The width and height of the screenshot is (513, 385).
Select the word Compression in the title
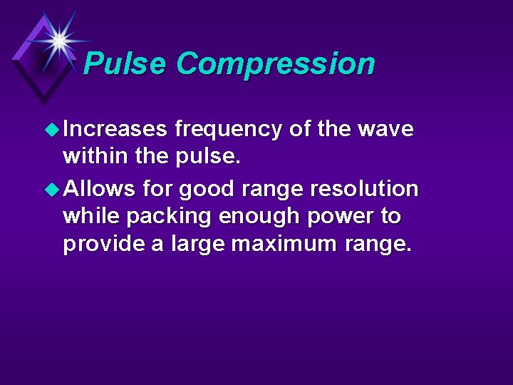(x=275, y=64)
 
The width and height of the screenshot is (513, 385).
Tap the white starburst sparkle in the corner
(x=59, y=40)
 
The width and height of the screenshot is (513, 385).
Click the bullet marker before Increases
(x=53, y=130)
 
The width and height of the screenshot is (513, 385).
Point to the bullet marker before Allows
(x=53, y=190)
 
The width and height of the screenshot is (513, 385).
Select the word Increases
(x=115, y=129)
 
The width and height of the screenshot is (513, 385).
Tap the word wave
(x=385, y=129)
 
